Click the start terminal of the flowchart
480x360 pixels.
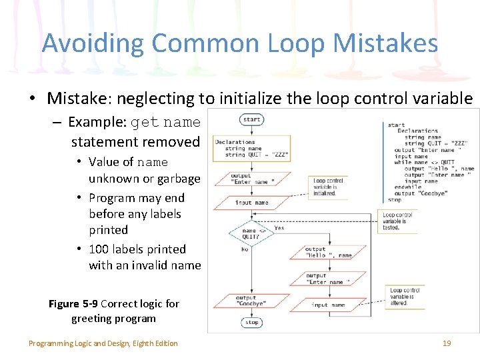252,120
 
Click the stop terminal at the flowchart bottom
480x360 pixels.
251,323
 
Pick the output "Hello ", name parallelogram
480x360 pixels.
327,252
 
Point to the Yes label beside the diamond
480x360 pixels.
279,228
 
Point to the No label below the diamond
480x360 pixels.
245,249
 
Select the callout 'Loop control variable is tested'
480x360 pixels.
397,221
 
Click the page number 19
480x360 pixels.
447,343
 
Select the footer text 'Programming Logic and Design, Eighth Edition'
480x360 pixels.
103,343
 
